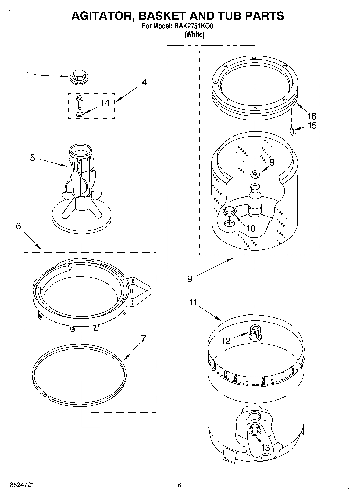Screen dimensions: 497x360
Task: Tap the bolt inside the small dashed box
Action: [x=79, y=102]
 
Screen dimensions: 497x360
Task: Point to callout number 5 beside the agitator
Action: [x=33, y=158]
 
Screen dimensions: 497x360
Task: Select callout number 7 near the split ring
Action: [x=143, y=339]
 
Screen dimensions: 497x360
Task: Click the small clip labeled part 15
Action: [x=292, y=132]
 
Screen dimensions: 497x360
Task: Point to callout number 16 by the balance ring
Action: [x=312, y=116]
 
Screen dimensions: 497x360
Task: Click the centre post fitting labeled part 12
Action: [x=255, y=333]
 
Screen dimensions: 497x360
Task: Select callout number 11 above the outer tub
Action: [x=193, y=302]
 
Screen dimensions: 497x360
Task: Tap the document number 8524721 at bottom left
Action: [x=22, y=485]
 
